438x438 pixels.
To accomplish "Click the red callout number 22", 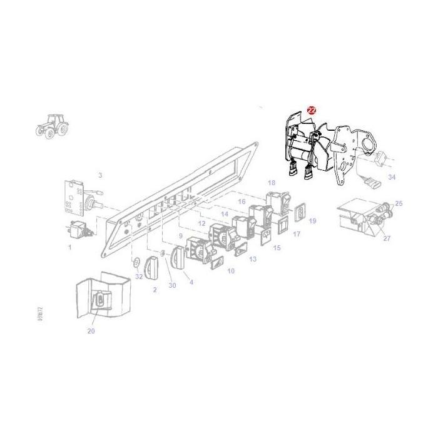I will tap(312, 110).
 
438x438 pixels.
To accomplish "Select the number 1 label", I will tap(69, 247).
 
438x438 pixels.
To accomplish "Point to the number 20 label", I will tap(91, 331).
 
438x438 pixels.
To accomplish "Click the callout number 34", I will tap(392, 178).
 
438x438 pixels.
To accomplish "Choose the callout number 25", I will tap(399, 204).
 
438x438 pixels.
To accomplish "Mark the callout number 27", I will tap(386, 238).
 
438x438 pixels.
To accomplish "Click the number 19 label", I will tap(180, 236).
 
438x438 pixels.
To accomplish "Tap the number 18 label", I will tap(231, 271).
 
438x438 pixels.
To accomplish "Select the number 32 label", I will tap(138, 276).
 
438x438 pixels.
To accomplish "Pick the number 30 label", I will tap(172, 285).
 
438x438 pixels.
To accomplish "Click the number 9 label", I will tap(252, 259).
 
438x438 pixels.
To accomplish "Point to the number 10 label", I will tap(231, 271).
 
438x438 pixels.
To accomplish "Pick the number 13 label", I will tap(252, 259).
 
